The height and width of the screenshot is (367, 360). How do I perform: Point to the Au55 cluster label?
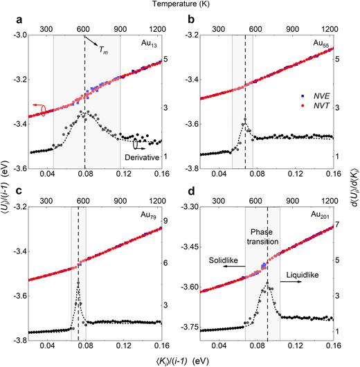[x=320, y=44]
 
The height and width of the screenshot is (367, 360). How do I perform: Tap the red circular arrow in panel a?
[x=42, y=111]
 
